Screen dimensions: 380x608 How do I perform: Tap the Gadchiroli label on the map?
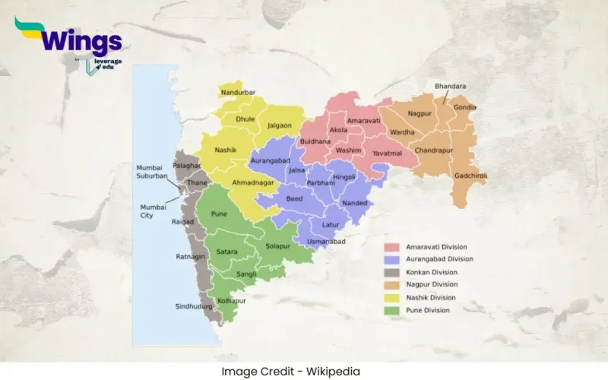click(471, 176)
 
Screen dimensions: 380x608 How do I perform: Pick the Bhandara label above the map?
click(450, 86)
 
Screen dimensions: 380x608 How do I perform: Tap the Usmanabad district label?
click(326, 241)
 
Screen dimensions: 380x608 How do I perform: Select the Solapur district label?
click(278, 245)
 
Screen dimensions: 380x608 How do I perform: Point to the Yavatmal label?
click(386, 153)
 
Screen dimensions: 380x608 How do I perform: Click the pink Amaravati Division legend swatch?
click(392, 247)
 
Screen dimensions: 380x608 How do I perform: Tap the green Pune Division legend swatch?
click(392, 310)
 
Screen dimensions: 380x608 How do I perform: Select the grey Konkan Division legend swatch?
click(392, 272)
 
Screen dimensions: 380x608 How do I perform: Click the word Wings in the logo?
click(78, 40)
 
